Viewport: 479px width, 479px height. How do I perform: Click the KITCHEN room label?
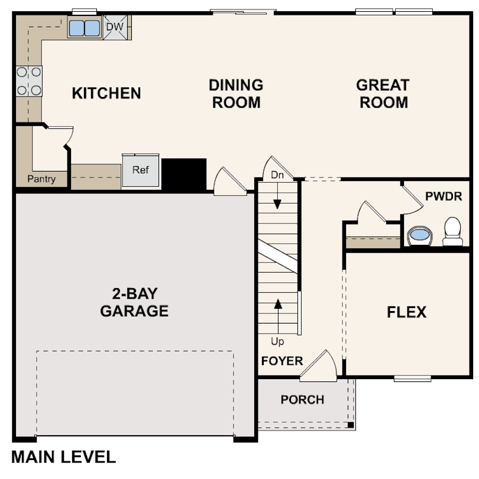pos(106,93)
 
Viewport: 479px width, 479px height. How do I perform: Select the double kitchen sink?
pos(85,28)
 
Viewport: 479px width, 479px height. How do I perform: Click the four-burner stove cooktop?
pos(29,81)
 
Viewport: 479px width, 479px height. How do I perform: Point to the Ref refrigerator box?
pos(141,171)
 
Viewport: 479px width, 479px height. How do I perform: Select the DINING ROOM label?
pos(236,93)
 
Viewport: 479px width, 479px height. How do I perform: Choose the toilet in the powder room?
pos(452,231)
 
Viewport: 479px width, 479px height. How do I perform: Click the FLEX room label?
pos(407,312)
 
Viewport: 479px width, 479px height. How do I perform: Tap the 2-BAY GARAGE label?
pos(134,302)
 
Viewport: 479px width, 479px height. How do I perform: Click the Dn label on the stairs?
pos(277,175)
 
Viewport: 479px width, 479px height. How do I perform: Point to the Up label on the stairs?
pos(277,342)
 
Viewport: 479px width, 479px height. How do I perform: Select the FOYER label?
pos(282,361)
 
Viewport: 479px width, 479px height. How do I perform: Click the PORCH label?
pos(302,400)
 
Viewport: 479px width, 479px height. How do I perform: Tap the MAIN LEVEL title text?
pos(64,457)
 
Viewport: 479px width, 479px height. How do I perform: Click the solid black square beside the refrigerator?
pos(184,174)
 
